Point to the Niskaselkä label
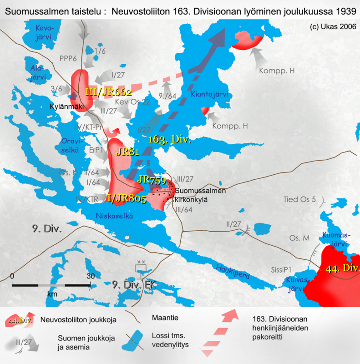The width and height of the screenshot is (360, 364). click(114, 216)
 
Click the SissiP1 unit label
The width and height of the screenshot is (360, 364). click(281, 268)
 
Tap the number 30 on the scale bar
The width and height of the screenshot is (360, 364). click(91, 276)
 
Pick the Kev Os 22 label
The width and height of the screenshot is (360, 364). click(133, 101)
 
